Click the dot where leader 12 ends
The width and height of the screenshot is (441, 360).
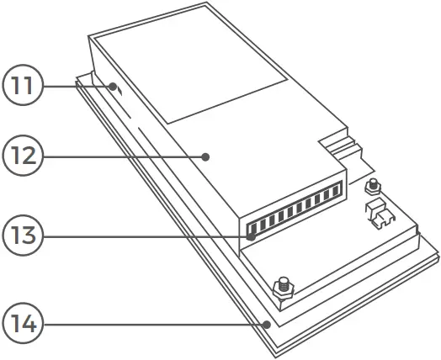[205, 156]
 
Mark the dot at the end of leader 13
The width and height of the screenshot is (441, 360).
[251, 237]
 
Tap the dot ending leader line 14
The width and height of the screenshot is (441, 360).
[266, 324]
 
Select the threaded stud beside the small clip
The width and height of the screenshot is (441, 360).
[371, 187]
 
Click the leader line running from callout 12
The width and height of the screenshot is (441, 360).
[118, 156]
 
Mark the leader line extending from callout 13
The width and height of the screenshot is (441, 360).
[143, 237]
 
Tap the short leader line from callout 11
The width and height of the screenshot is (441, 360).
[76, 86]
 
